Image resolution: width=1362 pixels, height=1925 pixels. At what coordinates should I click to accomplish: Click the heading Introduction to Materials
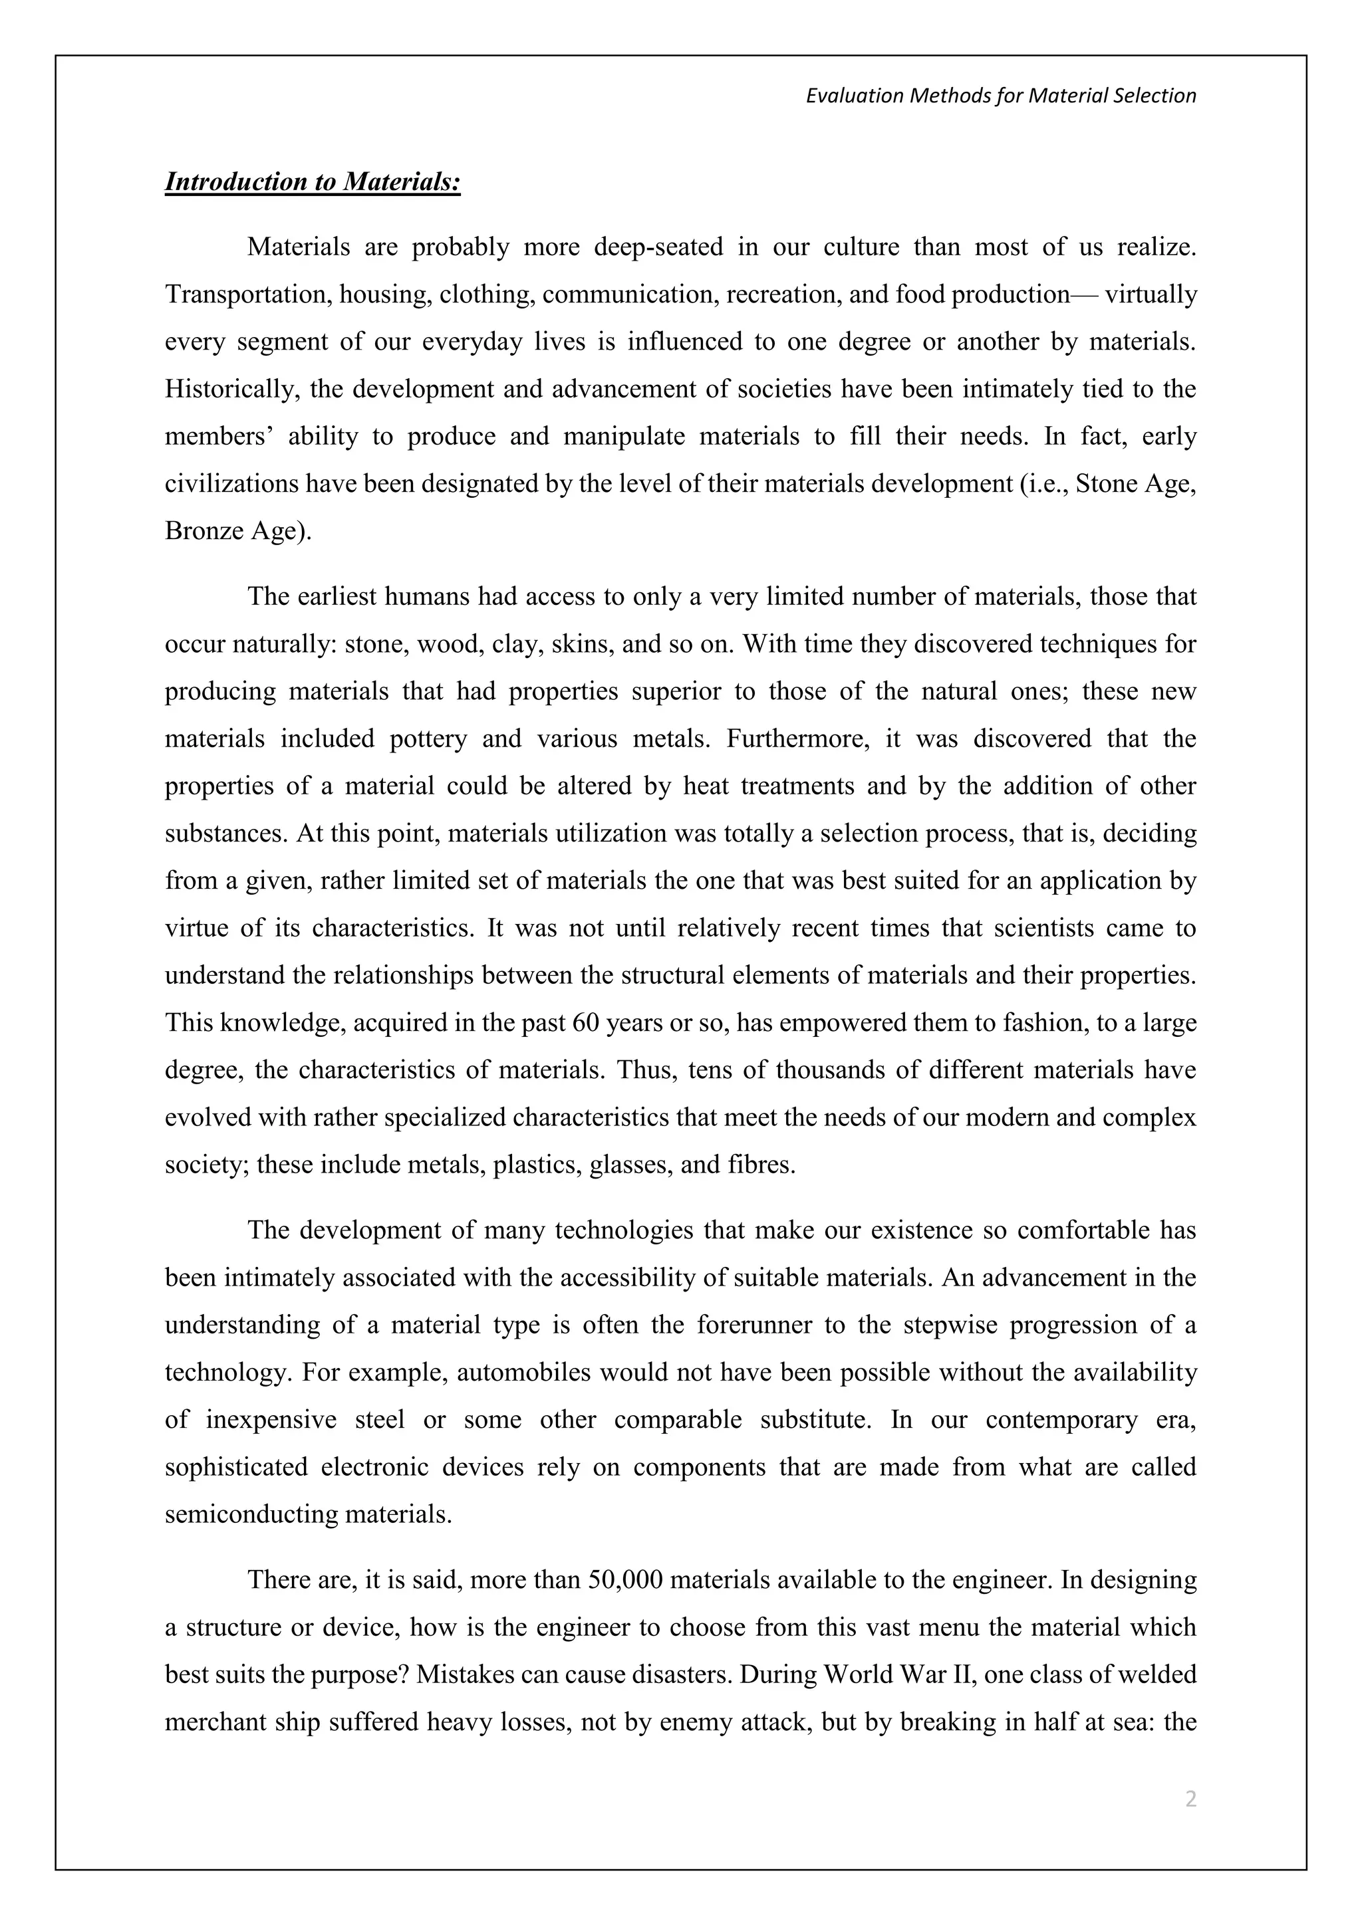pos(312,182)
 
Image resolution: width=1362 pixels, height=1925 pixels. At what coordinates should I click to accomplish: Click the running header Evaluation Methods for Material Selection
pos(1000,96)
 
